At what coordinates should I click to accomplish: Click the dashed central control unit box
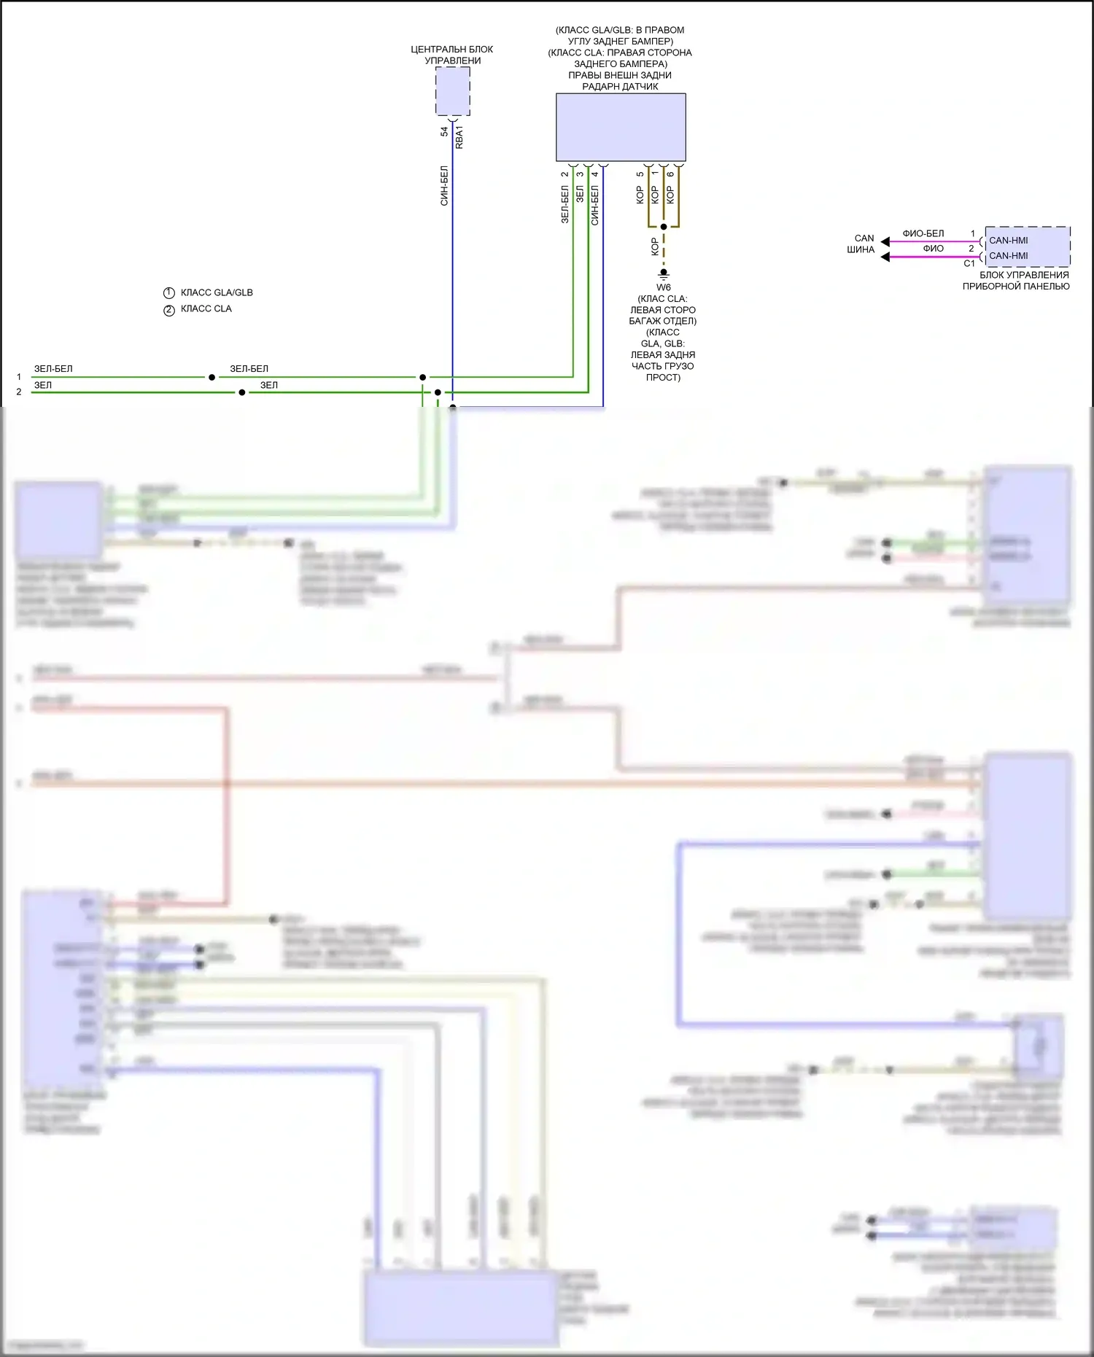(452, 91)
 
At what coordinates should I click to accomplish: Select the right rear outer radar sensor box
(621, 127)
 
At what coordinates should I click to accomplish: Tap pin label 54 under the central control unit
(444, 132)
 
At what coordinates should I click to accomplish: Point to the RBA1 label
(459, 137)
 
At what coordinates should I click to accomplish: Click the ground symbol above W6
(664, 275)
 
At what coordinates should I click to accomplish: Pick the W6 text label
(664, 287)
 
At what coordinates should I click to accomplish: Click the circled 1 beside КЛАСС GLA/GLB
(169, 293)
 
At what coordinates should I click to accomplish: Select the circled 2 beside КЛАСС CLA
(169, 310)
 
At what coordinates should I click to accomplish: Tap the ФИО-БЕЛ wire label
(923, 233)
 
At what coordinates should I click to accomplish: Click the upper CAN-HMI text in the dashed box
(1009, 240)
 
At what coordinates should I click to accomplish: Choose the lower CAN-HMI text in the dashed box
(1009, 256)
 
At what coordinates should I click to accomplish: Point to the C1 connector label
(969, 264)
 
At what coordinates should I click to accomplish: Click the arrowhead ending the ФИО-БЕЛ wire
(885, 241)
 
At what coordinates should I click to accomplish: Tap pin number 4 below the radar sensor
(595, 174)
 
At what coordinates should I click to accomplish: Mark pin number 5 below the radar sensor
(640, 174)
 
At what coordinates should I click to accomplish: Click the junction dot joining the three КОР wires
(664, 227)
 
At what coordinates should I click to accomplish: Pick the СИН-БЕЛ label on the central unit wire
(444, 186)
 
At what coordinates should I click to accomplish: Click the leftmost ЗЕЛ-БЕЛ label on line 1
(53, 369)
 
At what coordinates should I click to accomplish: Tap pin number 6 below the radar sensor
(670, 174)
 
